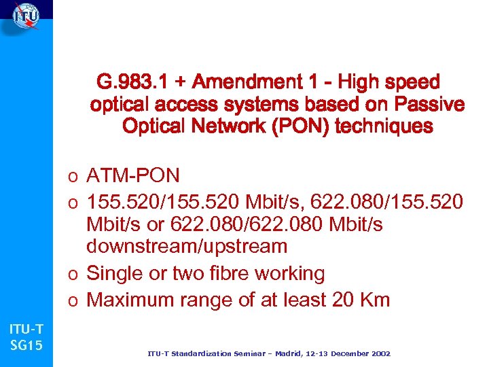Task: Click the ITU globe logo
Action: pyautogui.click(x=25, y=16)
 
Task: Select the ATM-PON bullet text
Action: pyautogui.click(x=133, y=176)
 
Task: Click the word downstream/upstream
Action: pyautogui.click(x=187, y=245)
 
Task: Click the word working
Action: pyautogui.click(x=293, y=274)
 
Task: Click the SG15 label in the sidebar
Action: pyautogui.click(x=26, y=346)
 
